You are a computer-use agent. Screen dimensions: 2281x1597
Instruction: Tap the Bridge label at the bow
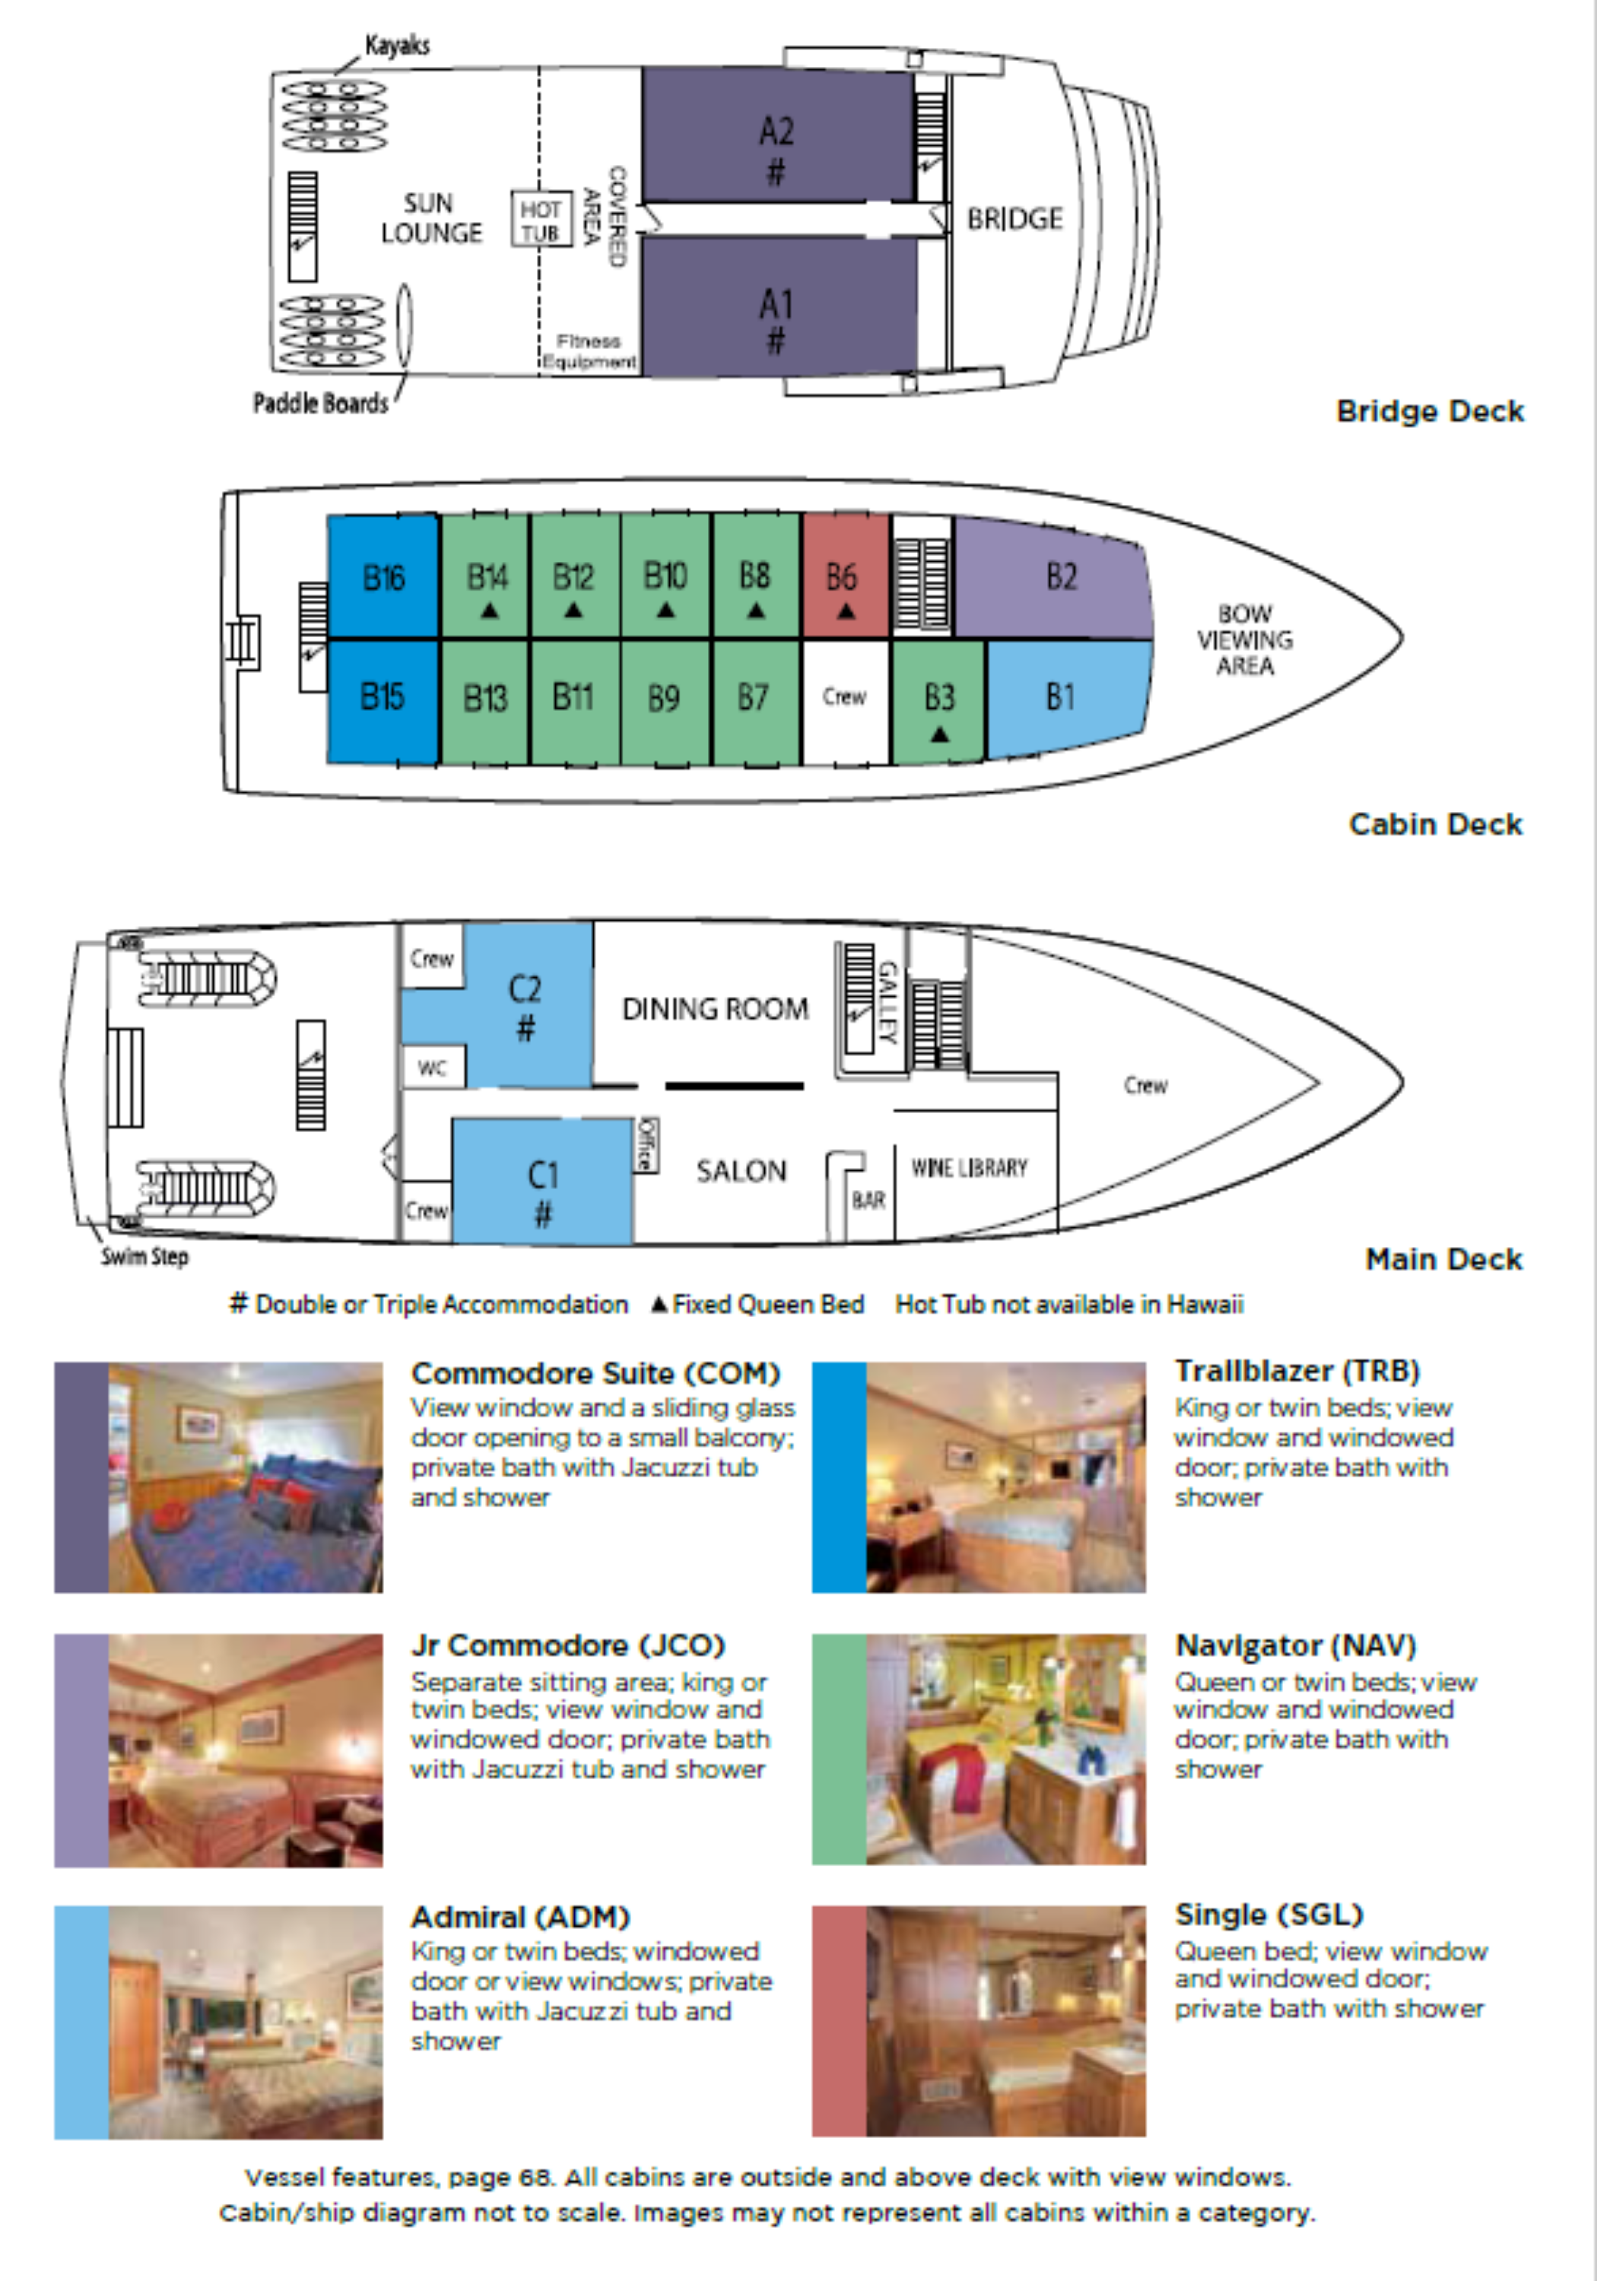point(1014,218)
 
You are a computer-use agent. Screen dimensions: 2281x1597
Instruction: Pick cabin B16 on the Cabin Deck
point(383,577)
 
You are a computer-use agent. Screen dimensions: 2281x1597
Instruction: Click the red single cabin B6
point(843,577)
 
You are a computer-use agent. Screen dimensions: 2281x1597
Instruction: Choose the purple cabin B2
point(1059,576)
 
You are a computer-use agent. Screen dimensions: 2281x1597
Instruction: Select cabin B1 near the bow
point(1059,697)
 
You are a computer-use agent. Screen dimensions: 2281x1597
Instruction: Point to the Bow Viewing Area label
point(1244,639)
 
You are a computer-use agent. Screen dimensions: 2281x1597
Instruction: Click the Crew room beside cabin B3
point(843,697)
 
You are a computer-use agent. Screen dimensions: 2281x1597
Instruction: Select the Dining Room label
point(715,1010)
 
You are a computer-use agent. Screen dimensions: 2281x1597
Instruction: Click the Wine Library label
point(969,1169)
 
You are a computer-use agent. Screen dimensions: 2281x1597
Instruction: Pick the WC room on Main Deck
point(431,1068)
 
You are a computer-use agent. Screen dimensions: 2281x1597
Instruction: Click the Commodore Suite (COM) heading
point(595,1373)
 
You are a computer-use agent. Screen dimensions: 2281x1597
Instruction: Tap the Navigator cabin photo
point(1005,1749)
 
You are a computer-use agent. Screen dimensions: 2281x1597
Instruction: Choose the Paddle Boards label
point(320,403)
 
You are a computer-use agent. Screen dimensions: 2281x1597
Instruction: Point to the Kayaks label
point(398,46)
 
